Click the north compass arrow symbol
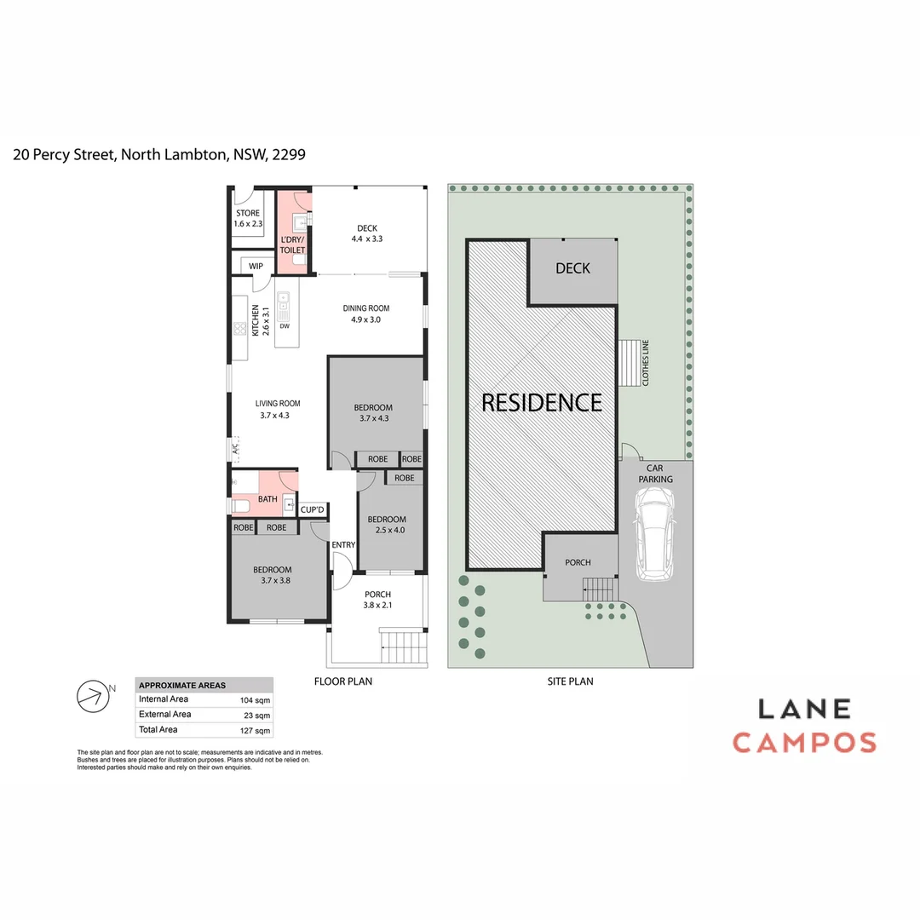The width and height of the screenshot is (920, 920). tap(95, 696)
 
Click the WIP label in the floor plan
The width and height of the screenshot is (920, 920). tap(256, 267)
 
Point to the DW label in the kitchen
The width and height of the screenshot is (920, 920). tap(285, 326)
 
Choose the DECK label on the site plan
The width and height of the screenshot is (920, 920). tap(572, 268)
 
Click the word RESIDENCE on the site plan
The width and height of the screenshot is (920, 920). tap(542, 402)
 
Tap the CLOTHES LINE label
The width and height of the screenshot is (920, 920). tap(647, 363)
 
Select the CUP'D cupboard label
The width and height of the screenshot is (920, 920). tap(313, 510)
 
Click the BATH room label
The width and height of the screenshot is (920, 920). tap(267, 499)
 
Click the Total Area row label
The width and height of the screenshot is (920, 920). tap(158, 730)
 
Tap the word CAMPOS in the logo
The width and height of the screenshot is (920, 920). tap(804, 743)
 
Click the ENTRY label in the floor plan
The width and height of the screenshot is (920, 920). tap(343, 545)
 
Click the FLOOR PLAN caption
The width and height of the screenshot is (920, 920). tap(343, 681)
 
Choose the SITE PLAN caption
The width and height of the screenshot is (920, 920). tap(570, 681)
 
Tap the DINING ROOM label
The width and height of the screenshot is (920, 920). tap(366, 308)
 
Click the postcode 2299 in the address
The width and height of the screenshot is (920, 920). tap(289, 155)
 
